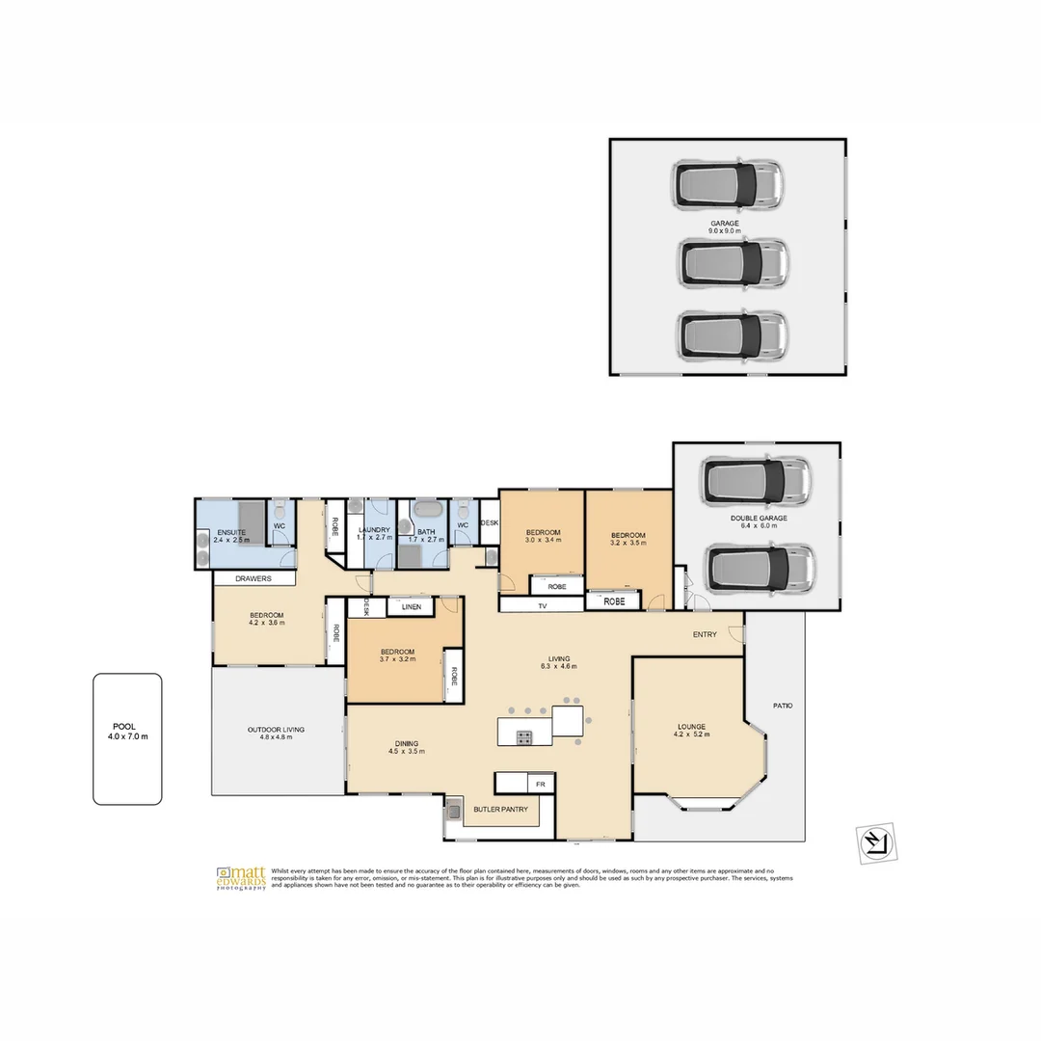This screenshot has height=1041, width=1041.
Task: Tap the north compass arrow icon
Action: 876,842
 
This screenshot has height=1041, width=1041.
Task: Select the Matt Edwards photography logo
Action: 242,878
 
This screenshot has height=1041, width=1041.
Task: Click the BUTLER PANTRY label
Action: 500,810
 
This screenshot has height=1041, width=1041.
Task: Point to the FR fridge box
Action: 541,784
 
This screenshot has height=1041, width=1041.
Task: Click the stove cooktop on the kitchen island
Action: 523,738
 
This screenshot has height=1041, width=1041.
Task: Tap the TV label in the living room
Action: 542,606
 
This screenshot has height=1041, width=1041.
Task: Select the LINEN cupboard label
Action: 412,607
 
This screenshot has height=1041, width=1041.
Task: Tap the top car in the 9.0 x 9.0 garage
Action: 728,185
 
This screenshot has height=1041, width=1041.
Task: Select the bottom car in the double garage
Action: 761,569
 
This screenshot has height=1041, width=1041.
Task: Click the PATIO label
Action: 783,706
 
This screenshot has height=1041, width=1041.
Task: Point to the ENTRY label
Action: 705,634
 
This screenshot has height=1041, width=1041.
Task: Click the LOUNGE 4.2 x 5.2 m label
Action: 691,730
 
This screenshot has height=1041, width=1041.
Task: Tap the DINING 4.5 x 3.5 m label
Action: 406,747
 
